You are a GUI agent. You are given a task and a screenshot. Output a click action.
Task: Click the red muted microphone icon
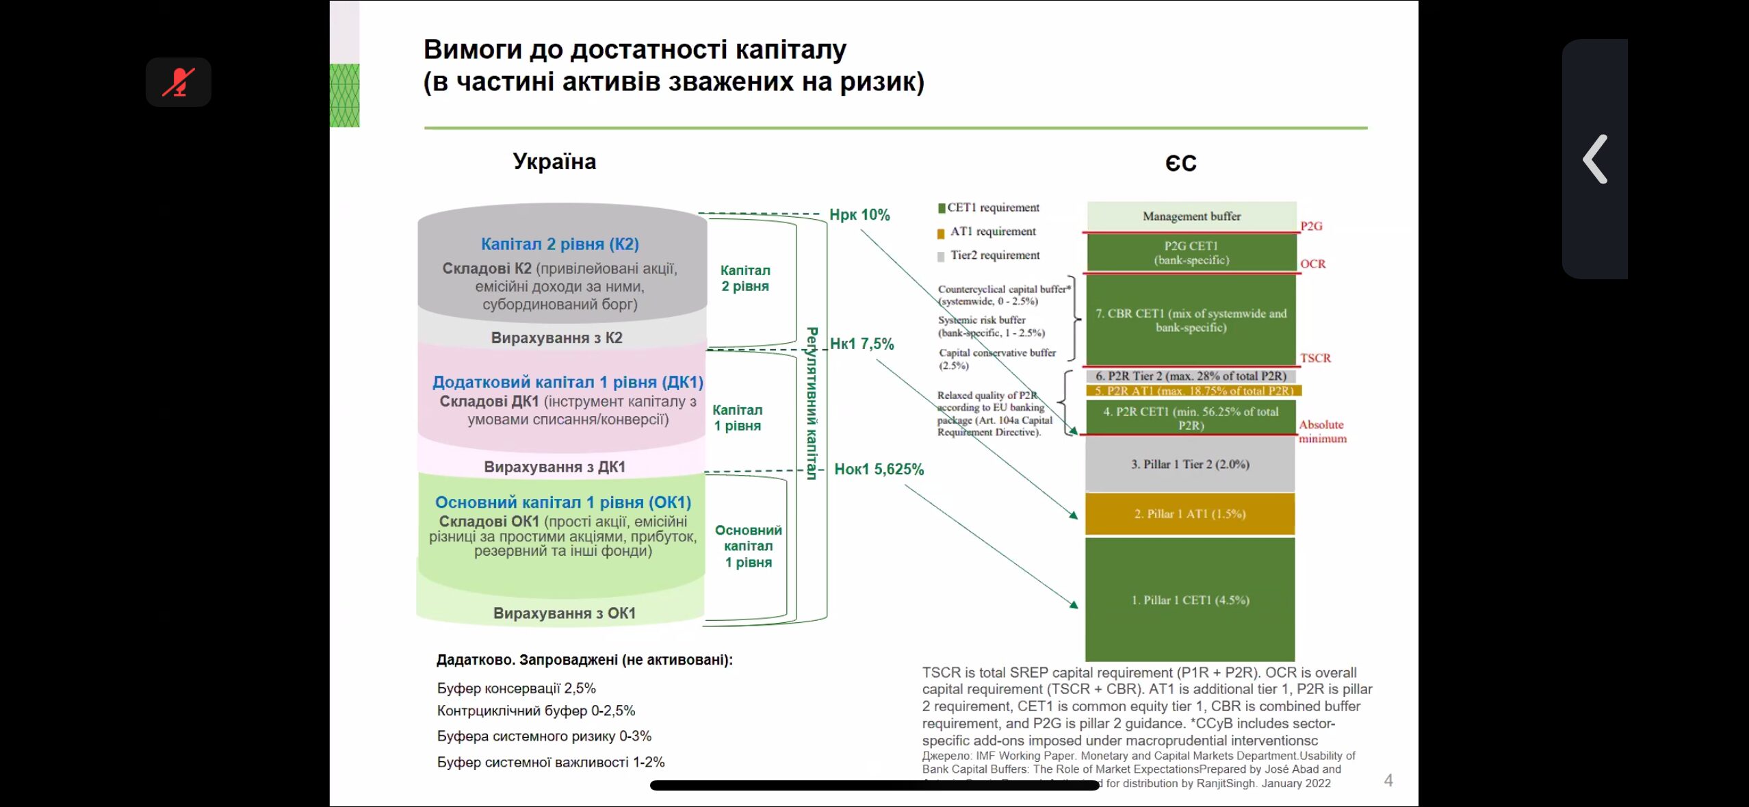pyautogui.click(x=178, y=82)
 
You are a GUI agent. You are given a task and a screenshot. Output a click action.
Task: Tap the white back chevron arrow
pyautogui.click(x=1595, y=159)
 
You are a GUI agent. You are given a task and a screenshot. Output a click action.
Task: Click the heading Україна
pyautogui.click(x=554, y=162)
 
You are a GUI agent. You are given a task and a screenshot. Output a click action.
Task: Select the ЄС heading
pyautogui.click(x=1180, y=164)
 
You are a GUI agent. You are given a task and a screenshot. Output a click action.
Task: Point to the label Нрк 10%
pyautogui.click(x=859, y=215)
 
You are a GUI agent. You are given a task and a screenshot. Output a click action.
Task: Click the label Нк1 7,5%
pyautogui.click(x=861, y=344)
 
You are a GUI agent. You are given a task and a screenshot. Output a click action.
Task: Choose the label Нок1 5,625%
pyautogui.click(x=879, y=470)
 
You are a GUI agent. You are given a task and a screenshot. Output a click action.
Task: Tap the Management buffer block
pyautogui.click(x=1191, y=216)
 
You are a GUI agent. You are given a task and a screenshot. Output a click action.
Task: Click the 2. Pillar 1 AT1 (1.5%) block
pyautogui.click(x=1190, y=514)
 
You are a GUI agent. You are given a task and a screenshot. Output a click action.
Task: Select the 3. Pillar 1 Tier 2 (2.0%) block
pyautogui.click(x=1190, y=464)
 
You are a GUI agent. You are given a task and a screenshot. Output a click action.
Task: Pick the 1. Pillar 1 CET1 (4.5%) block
pyautogui.click(x=1190, y=600)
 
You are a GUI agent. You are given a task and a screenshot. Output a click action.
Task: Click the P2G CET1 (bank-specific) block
pyautogui.click(x=1191, y=253)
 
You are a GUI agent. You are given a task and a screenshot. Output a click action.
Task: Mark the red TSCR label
pyautogui.click(x=1315, y=358)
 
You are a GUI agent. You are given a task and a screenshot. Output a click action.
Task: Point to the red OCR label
pyautogui.click(x=1312, y=264)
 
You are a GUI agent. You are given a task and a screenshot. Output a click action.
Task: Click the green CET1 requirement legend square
pyautogui.click(x=942, y=208)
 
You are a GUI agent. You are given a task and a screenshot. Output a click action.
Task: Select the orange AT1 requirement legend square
pyautogui.click(x=941, y=233)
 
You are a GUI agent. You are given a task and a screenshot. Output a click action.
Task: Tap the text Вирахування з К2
pyautogui.click(x=556, y=337)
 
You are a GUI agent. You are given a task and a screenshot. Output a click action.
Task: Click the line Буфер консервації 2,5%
pyautogui.click(x=516, y=688)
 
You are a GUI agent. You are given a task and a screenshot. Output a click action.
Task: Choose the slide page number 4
pyautogui.click(x=1388, y=780)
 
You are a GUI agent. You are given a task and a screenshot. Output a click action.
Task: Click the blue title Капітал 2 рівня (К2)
pyautogui.click(x=560, y=244)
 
